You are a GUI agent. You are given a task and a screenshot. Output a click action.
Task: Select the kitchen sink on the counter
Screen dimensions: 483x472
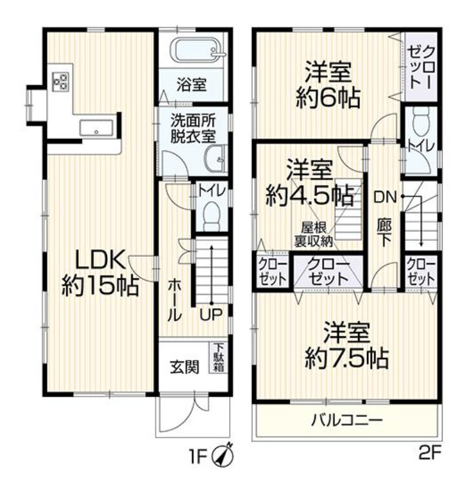pyautogui.click(x=95, y=128)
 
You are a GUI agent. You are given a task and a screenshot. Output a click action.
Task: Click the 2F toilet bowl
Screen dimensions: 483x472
pyautogui.click(x=421, y=120)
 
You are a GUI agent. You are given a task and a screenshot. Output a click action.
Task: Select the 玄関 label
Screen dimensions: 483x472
pyautogui.click(x=184, y=367)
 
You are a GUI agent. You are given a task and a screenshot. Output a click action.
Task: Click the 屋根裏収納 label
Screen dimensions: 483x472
pyautogui.click(x=313, y=235)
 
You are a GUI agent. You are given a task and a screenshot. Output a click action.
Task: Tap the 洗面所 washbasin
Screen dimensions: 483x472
pyautogui.click(x=216, y=156)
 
